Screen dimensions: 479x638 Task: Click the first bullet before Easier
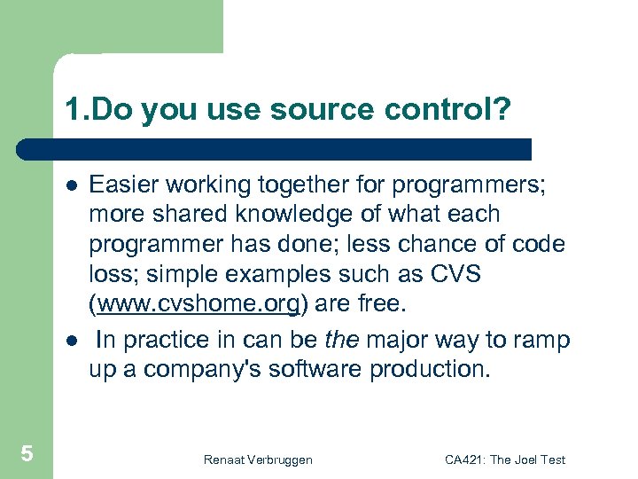70,185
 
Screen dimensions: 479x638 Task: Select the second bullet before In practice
70,340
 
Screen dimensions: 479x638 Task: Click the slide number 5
27,454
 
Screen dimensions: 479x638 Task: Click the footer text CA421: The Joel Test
504,459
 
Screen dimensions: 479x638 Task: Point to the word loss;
113,275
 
